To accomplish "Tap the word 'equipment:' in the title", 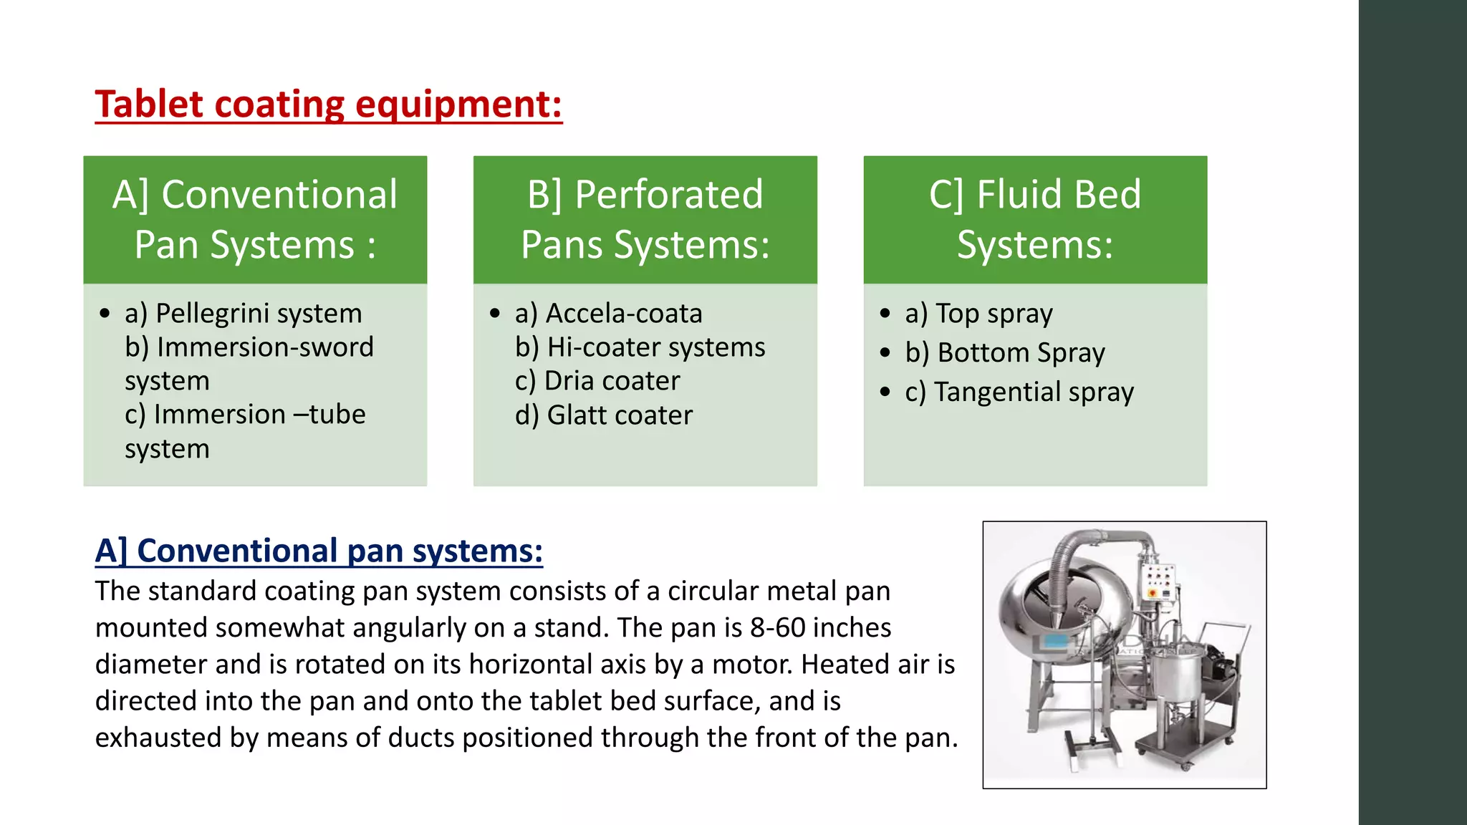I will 458,105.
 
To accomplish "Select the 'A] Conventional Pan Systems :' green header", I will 255,220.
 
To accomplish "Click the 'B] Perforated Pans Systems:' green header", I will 645,220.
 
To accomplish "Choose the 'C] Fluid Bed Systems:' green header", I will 1035,220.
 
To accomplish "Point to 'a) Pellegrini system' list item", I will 243,314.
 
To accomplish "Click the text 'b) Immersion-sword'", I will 249,347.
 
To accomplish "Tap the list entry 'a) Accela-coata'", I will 608,314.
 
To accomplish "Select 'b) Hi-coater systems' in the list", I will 640,347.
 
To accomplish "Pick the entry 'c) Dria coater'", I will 597,381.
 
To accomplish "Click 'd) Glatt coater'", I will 603,415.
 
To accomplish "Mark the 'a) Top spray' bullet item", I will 978,314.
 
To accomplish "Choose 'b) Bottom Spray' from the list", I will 1004,353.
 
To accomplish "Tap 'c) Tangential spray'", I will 1019,392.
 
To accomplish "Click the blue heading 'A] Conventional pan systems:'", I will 319,551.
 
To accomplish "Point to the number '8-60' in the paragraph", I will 778,627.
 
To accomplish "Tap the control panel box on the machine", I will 1158,581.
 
